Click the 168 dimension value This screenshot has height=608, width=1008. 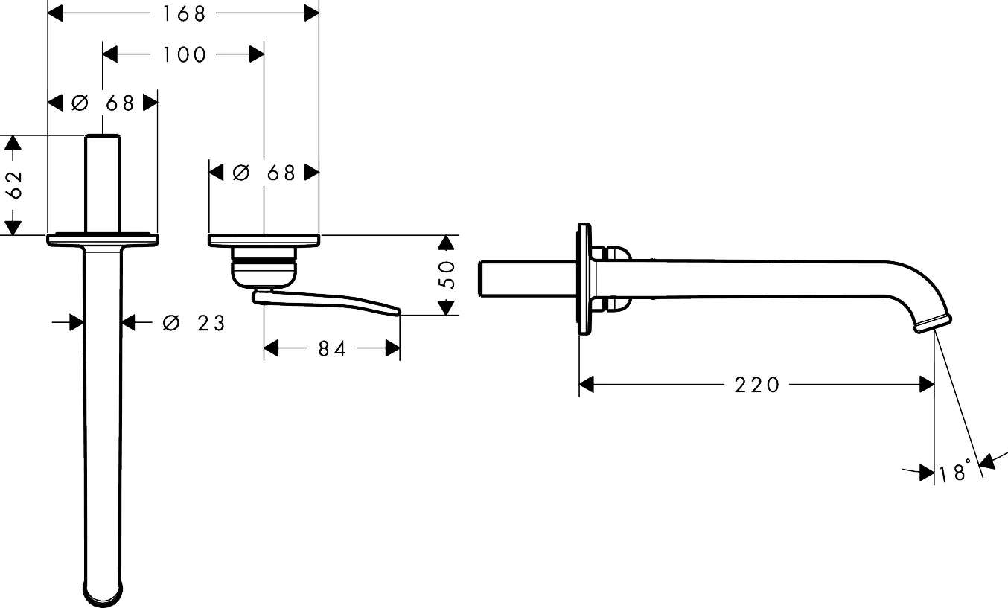click(184, 14)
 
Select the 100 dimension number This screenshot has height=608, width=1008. click(184, 55)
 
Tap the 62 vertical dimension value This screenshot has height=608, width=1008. click(15, 185)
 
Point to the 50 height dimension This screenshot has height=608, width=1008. click(447, 275)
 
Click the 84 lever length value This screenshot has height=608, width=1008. click(332, 349)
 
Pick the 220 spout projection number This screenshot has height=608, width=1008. click(757, 385)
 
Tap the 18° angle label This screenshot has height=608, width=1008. click(954, 471)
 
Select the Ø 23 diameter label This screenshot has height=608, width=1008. click(194, 323)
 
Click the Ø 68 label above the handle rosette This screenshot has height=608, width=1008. click(264, 173)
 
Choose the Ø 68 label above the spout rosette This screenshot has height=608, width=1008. click(103, 103)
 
